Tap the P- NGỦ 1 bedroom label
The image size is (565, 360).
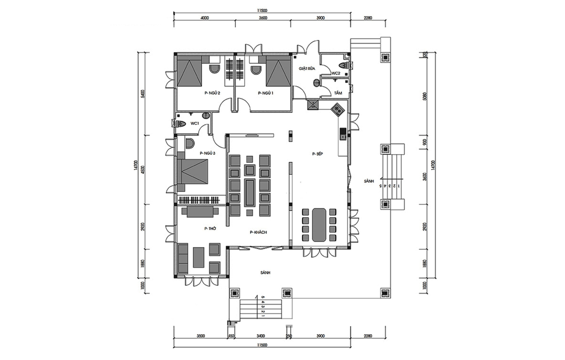click(x=266, y=93)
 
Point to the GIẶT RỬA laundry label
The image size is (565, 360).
click(x=307, y=69)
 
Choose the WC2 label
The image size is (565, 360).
click(x=336, y=73)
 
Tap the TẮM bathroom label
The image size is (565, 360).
click(x=338, y=93)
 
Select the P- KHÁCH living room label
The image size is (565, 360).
click(x=258, y=232)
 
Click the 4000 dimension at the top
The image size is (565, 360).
click(x=205, y=18)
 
